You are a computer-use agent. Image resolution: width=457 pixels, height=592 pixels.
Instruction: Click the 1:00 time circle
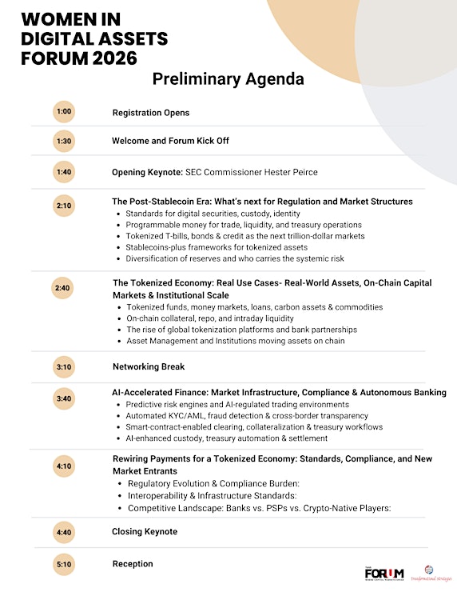tap(65, 113)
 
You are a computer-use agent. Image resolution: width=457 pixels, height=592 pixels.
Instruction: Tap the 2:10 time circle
tap(65, 206)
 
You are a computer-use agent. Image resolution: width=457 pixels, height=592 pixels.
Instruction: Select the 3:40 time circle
tap(65, 398)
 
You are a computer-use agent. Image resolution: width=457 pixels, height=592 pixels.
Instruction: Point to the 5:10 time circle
tap(65, 564)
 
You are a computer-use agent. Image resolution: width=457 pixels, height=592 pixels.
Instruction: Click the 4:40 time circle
tap(65, 532)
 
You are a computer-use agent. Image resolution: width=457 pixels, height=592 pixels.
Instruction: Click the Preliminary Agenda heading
tap(228, 80)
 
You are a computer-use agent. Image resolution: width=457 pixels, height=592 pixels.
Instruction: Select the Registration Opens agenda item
tap(150, 113)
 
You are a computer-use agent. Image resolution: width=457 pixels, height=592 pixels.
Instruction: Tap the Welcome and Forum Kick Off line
tap(170, 141)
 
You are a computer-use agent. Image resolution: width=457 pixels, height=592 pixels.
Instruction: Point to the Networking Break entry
tap(149, 366)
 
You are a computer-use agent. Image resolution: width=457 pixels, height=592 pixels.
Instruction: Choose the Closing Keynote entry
tap(145, 531)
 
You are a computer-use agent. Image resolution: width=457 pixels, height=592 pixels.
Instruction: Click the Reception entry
tap(133, 563)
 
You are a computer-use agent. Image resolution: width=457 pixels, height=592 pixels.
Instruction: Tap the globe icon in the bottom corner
tap(428, 570)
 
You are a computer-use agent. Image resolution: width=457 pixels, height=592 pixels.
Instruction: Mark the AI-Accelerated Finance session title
tap(279, 393)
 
